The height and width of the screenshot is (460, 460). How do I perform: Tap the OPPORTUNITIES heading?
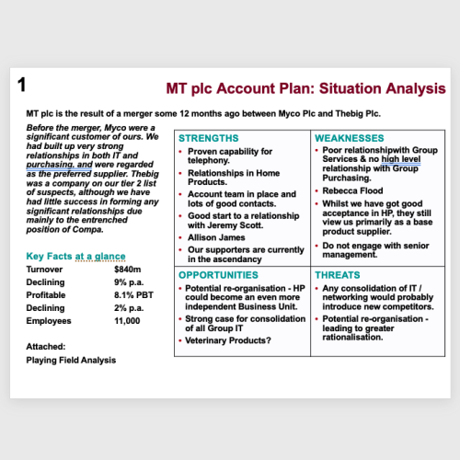(218, 275)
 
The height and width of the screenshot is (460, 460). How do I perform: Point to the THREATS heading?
(338, 275)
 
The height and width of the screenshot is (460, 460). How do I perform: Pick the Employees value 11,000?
(127, 322)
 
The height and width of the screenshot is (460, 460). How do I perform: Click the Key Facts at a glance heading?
(76, 255)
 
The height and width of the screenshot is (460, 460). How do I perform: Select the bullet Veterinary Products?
(229, 340)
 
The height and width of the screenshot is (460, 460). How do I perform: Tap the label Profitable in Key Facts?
(47, 296)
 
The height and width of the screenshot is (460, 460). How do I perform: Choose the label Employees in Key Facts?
(50, 322)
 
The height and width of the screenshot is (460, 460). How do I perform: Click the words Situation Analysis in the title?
(381, 89)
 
